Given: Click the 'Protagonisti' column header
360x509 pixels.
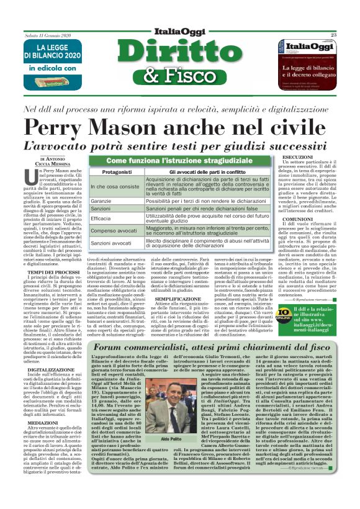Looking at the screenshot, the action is [x=124, y=173].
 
